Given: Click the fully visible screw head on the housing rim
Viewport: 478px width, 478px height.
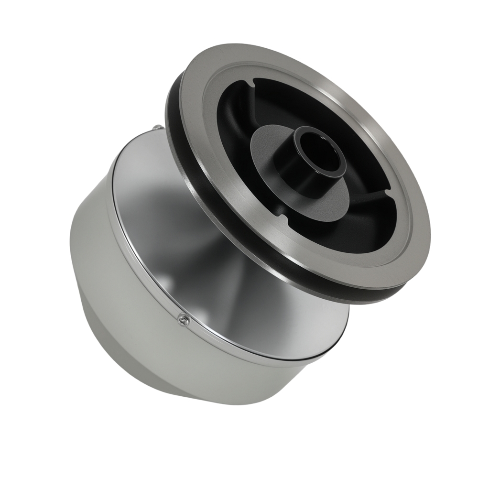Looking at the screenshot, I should (x=182, y=320).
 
